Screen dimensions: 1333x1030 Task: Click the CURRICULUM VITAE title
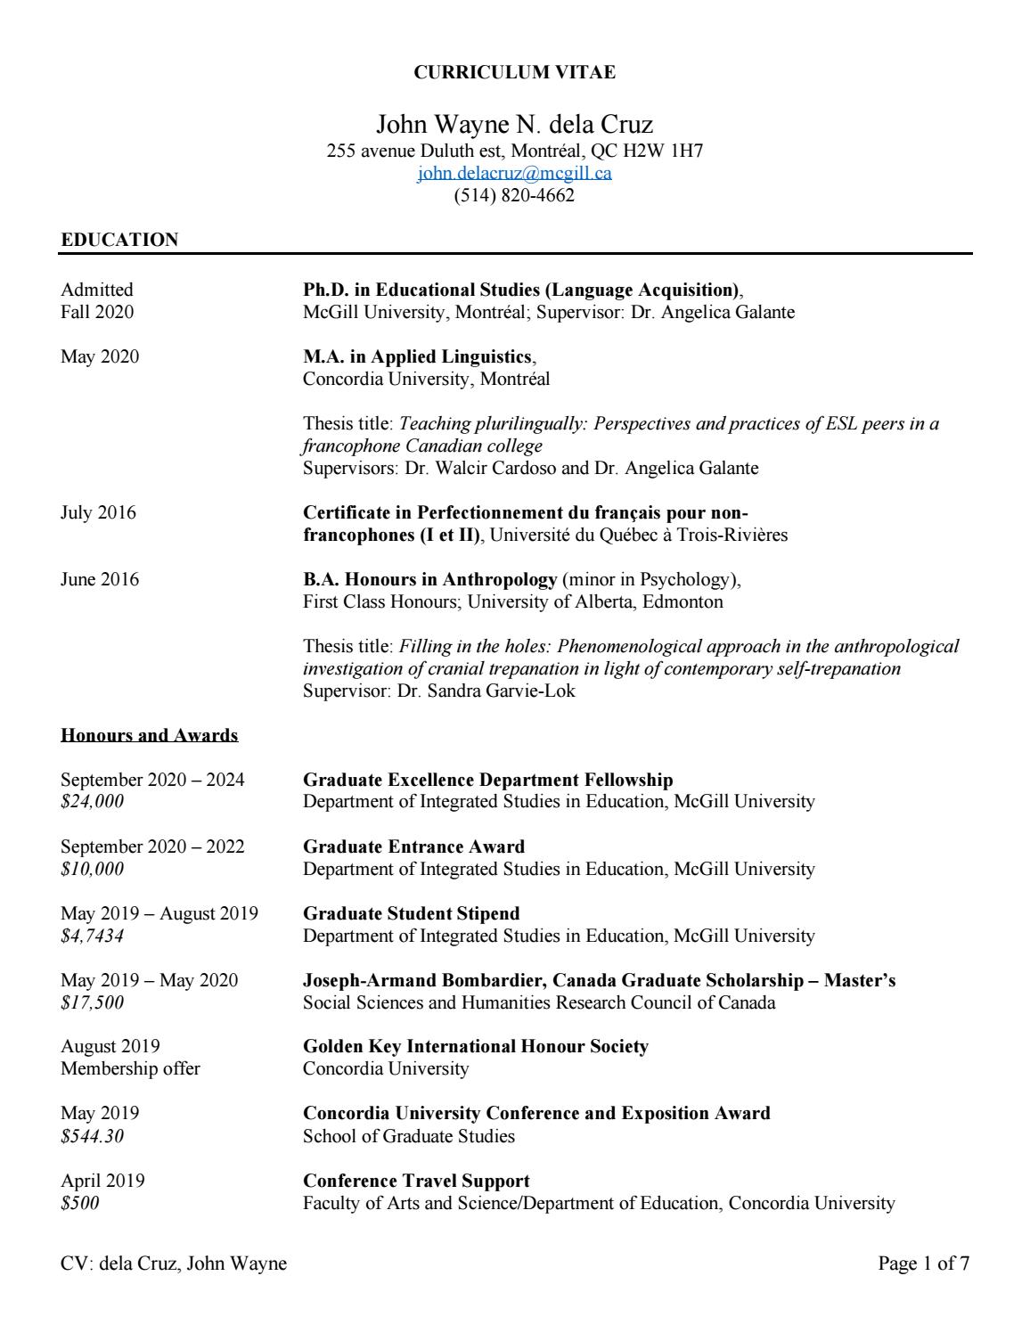coord(514,73)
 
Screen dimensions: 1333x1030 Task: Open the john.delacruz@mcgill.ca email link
coord(514,173)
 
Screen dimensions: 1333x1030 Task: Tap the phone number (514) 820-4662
coord(514,195)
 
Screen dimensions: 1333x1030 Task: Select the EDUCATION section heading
coord(119,240)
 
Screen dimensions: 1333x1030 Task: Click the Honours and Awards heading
coord(149,736)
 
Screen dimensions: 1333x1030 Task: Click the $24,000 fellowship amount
coord(92,802)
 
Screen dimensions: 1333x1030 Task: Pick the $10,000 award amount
coord(92,869)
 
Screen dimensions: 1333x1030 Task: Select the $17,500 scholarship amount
coord(92,1002)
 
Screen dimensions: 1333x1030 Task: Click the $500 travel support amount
coord(80,1203)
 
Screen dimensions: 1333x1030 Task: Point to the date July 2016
coord(98,513)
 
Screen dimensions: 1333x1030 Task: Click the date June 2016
coord(100,580)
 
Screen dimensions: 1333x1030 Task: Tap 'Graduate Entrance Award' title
coord(413,846)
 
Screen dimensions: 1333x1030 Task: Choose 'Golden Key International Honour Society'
coord(476,1047)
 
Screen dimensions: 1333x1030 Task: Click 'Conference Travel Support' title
coord(416,1182)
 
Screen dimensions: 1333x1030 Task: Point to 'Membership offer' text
coord(130,1068)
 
